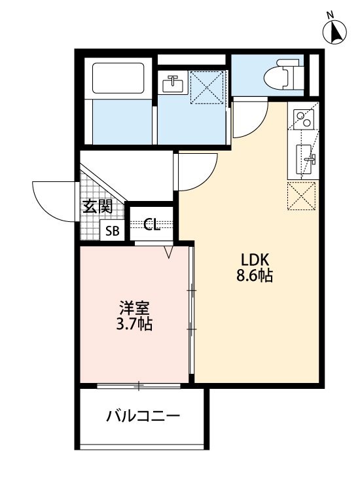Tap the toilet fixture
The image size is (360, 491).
click(284, 75)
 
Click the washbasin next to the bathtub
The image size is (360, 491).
click(173, 84)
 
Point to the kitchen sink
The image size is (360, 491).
click(305, 158)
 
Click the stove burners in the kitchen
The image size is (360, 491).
click(302, 118)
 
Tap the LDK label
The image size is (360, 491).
click(255, 257)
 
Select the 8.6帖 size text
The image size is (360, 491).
click(255, 276)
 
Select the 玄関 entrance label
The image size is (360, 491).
click(97, 207)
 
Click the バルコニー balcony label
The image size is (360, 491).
click(143, 416)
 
